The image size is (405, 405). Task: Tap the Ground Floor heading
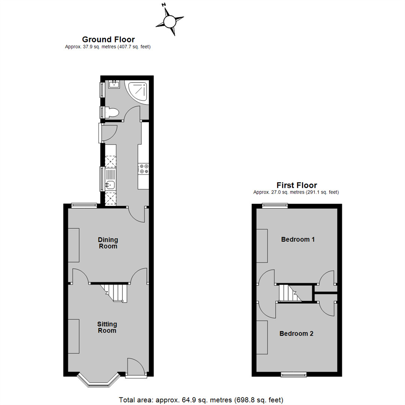tap(108, 39)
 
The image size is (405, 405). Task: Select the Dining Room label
tap(108, 243)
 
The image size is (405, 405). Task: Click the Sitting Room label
tap(107, 327)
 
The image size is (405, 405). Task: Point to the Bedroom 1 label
tap(298, 239)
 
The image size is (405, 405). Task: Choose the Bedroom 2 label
tap(296, 333)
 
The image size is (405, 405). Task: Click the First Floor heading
tap(297, 185)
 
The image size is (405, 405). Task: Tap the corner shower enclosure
tap(136, 91)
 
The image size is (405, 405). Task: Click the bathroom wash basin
tap(114, 84)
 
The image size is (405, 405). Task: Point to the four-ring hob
tap(143, 169)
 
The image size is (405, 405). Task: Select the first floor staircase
tap(290, 293)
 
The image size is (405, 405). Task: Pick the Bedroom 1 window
tap(275, 205)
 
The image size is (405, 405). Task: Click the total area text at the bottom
tap(201, 400)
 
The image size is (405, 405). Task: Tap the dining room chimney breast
tap(73, 245)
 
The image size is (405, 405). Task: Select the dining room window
tap(84, 205)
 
